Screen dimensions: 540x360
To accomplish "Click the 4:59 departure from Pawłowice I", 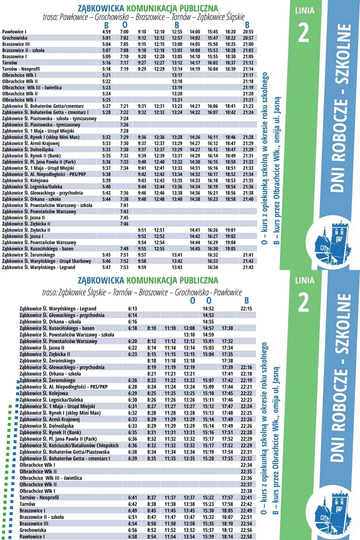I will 106,32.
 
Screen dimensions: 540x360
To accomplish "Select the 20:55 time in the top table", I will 248,32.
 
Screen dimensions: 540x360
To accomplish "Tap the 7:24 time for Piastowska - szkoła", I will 124,118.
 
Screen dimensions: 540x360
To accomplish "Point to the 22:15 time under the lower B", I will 246,309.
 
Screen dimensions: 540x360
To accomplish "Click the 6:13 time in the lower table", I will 132,309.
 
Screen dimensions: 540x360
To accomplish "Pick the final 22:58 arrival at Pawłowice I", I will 246,536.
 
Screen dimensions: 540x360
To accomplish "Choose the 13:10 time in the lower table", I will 189,334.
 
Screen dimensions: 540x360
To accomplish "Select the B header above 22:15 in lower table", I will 246,300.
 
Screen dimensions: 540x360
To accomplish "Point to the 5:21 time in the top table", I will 106,75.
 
